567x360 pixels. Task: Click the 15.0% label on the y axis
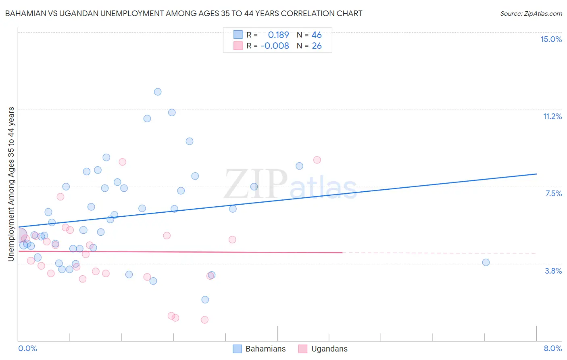tap(551, 39)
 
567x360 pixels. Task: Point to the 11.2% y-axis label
tap(552, 117)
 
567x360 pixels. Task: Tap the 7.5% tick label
tap(553, 194)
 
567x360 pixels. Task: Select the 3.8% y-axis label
tap(553, 271)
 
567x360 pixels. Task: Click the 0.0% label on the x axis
tap(27, 348)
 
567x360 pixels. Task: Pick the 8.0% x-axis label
tap(552, 348)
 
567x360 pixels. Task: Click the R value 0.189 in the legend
tap(278, 35)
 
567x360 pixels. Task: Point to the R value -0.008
tap(275, 46)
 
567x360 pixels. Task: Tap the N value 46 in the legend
tap(317, 35)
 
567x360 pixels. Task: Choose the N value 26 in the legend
tap(317, 46)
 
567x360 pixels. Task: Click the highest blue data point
tap(158, 92)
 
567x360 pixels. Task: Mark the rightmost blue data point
tap(486, 262)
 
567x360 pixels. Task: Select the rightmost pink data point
tap(317, 160)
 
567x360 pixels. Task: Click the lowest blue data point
tap(205, 299)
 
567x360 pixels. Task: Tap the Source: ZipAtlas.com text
tap(531, 14)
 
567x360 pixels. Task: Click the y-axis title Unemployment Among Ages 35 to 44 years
tap(11, 184)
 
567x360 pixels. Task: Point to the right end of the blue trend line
tap(536, 174)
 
